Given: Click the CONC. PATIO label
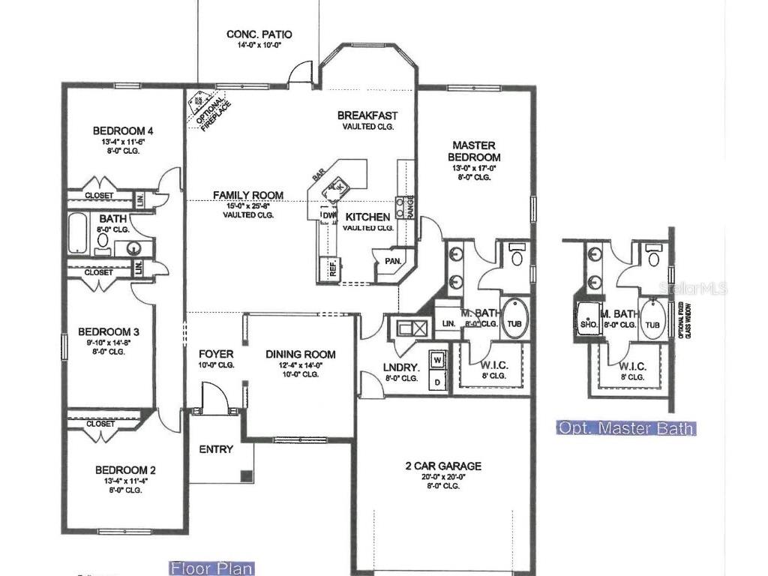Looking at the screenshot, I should click(x=259, y=34).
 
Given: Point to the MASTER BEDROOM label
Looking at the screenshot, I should click(x=474, y=151).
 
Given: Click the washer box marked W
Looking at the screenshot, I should click(x=438, y=361).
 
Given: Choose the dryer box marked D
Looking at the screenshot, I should click(x=438, y=382).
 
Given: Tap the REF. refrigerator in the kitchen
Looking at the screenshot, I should click(x=331, y=268).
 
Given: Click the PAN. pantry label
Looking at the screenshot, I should click(x=392, y=262).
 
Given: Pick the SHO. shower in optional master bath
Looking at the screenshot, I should click(x=588, y=324).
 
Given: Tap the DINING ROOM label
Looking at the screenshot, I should click(x=301, y=355).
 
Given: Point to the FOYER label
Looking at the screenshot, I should click(x=215, y=354).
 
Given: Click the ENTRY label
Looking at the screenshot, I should click(x=216, y=449).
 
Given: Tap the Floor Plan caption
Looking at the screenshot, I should click(x=211, y=568).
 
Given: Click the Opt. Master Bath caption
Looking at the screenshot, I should click(x=626, y=428).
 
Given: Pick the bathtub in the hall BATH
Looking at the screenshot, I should click(x=78, y=234).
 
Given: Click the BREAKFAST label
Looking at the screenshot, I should click(x=367, y=115).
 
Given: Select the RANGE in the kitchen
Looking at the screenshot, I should click(x=410, y=208).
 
